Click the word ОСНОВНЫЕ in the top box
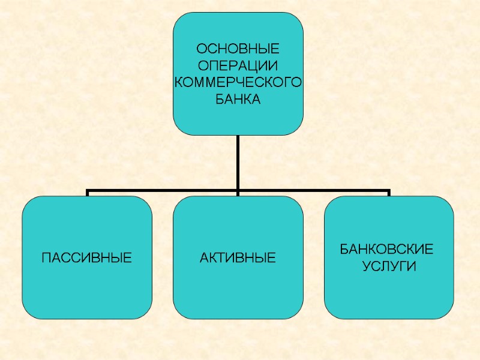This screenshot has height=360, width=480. pyautogui.click(x=238, y=48)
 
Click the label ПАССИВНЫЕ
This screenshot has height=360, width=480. pyautogui.click(x=86, y=259)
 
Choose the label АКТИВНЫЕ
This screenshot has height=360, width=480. pyautogui.click(x=238, y=259)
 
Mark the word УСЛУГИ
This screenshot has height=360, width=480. pyautogui.click(x=389, y=266)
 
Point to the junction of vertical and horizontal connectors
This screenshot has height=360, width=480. pyautogui.click(x=238, y=192)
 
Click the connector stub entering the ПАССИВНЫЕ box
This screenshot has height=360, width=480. pyautogui.click(x=88, y=194)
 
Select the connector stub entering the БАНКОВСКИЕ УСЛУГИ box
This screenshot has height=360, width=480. pyautogui.click(x=389, y=194)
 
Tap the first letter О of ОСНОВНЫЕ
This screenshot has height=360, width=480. pyautogui.click(x=202, y=48)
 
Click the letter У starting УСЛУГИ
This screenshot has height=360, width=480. pyautogui.click(x=367, y=266)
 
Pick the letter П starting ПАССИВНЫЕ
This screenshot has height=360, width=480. pyautogui.click(x=45, y=259)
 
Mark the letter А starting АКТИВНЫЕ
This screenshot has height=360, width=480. pyautogui.click(x=203, y=259)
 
